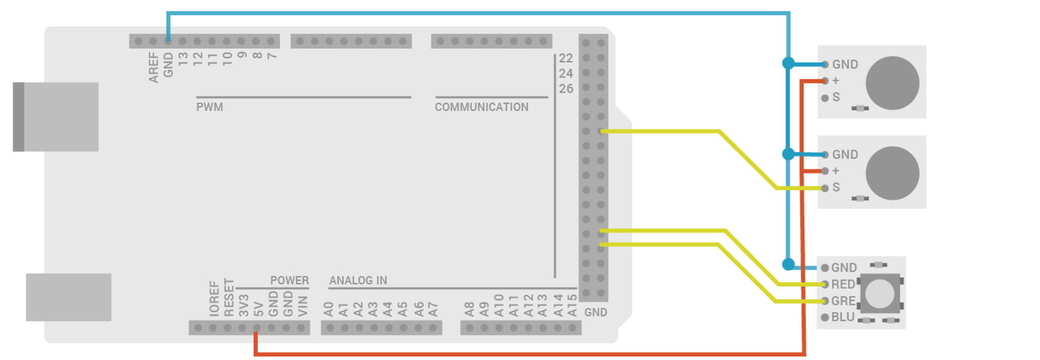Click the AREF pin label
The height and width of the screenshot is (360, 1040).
click(153, 67)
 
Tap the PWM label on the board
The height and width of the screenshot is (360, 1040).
click(209, 108)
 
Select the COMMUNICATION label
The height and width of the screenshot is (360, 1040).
click(481, 108)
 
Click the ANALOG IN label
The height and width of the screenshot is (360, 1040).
click(358, 281)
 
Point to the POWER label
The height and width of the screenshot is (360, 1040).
click(289, 281)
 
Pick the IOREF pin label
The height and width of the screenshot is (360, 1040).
click(213, 299)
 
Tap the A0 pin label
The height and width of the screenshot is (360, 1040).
click(329, 309)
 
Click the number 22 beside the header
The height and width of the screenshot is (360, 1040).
click(566, 58)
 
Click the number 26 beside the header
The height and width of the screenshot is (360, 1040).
click(566, 89)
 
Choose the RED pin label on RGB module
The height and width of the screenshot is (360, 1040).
click(843, 284)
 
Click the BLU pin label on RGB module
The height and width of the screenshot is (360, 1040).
click(843, 318)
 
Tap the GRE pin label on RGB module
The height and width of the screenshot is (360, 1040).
click(843, 301)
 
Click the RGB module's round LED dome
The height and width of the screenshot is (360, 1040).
click(881, 292)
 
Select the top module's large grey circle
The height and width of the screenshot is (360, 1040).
click(892, 83)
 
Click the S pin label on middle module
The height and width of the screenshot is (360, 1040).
click(836, 187)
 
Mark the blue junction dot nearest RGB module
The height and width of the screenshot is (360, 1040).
click(788, 264)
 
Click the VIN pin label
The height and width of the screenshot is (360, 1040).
click(302, 306)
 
